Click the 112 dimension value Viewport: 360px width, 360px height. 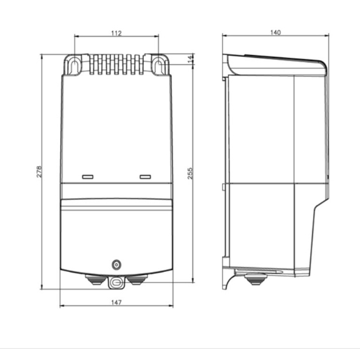(x=116, y=32)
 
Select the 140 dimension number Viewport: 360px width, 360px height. (x=275, y=32)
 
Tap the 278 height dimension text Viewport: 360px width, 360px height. (x=38, y=171)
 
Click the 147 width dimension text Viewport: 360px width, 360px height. (x=116, y=302)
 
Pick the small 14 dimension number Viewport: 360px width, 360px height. (x=190, y=59)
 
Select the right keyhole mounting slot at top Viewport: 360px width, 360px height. (x=158, y=65)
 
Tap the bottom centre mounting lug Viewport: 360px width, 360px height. (x=116, y=283)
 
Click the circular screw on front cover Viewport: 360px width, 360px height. (x=116, y=265)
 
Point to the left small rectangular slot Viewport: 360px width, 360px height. (x=87, y=177)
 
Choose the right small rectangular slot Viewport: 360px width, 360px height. (x=145, y=177)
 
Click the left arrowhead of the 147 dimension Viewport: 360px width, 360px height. (x=62, y=306)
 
